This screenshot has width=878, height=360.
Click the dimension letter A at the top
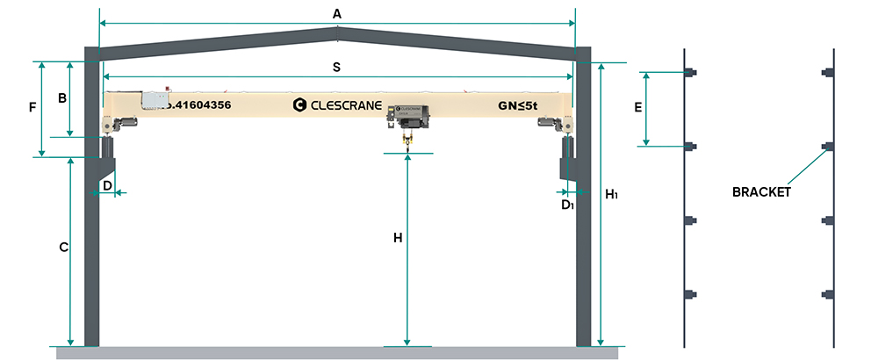click(x=337, y=13)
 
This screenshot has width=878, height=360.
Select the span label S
click(x=337, y=67)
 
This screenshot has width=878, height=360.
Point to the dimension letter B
click(x=62, y=98)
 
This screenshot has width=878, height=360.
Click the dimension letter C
click(x=63, y=248)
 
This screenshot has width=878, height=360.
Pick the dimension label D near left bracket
click(x=106, y=185)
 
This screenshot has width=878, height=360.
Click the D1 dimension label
click(x=568, y=205)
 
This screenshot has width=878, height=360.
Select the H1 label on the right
click(x=612, y=194)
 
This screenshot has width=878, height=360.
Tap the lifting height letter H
click(x=398, y=238)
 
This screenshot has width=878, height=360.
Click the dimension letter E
click(x=638, y=108)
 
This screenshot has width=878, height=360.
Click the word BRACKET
click(x=762, y=191)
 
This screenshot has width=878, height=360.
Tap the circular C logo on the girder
click(x=299, y=105)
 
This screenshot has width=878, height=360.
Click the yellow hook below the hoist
click(x=407, y=140)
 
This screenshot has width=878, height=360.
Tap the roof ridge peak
click(x=337, y=32)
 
